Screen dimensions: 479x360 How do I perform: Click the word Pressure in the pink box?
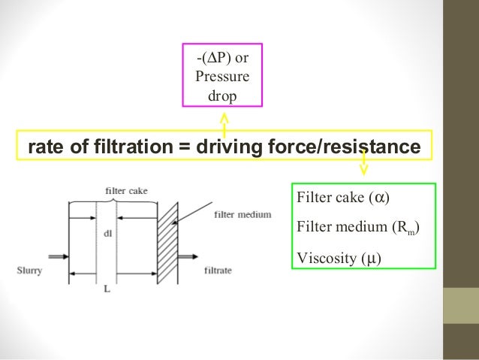point(223,76)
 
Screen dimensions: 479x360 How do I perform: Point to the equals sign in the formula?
point(183,146)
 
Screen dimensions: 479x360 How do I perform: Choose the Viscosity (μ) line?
point(339,259)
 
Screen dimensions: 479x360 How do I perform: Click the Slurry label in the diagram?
point(29,269)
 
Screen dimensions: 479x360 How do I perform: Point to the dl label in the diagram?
point(107,233)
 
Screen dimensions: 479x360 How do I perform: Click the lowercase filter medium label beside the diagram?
point(242,214)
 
